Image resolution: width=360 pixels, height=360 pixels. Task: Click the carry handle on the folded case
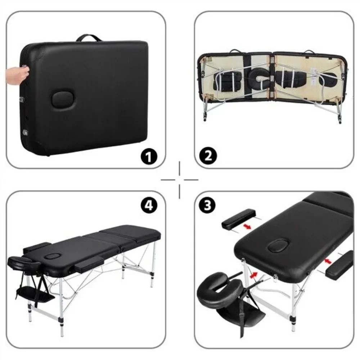point(88,37)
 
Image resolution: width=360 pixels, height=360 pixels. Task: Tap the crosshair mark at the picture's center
point(179,179)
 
